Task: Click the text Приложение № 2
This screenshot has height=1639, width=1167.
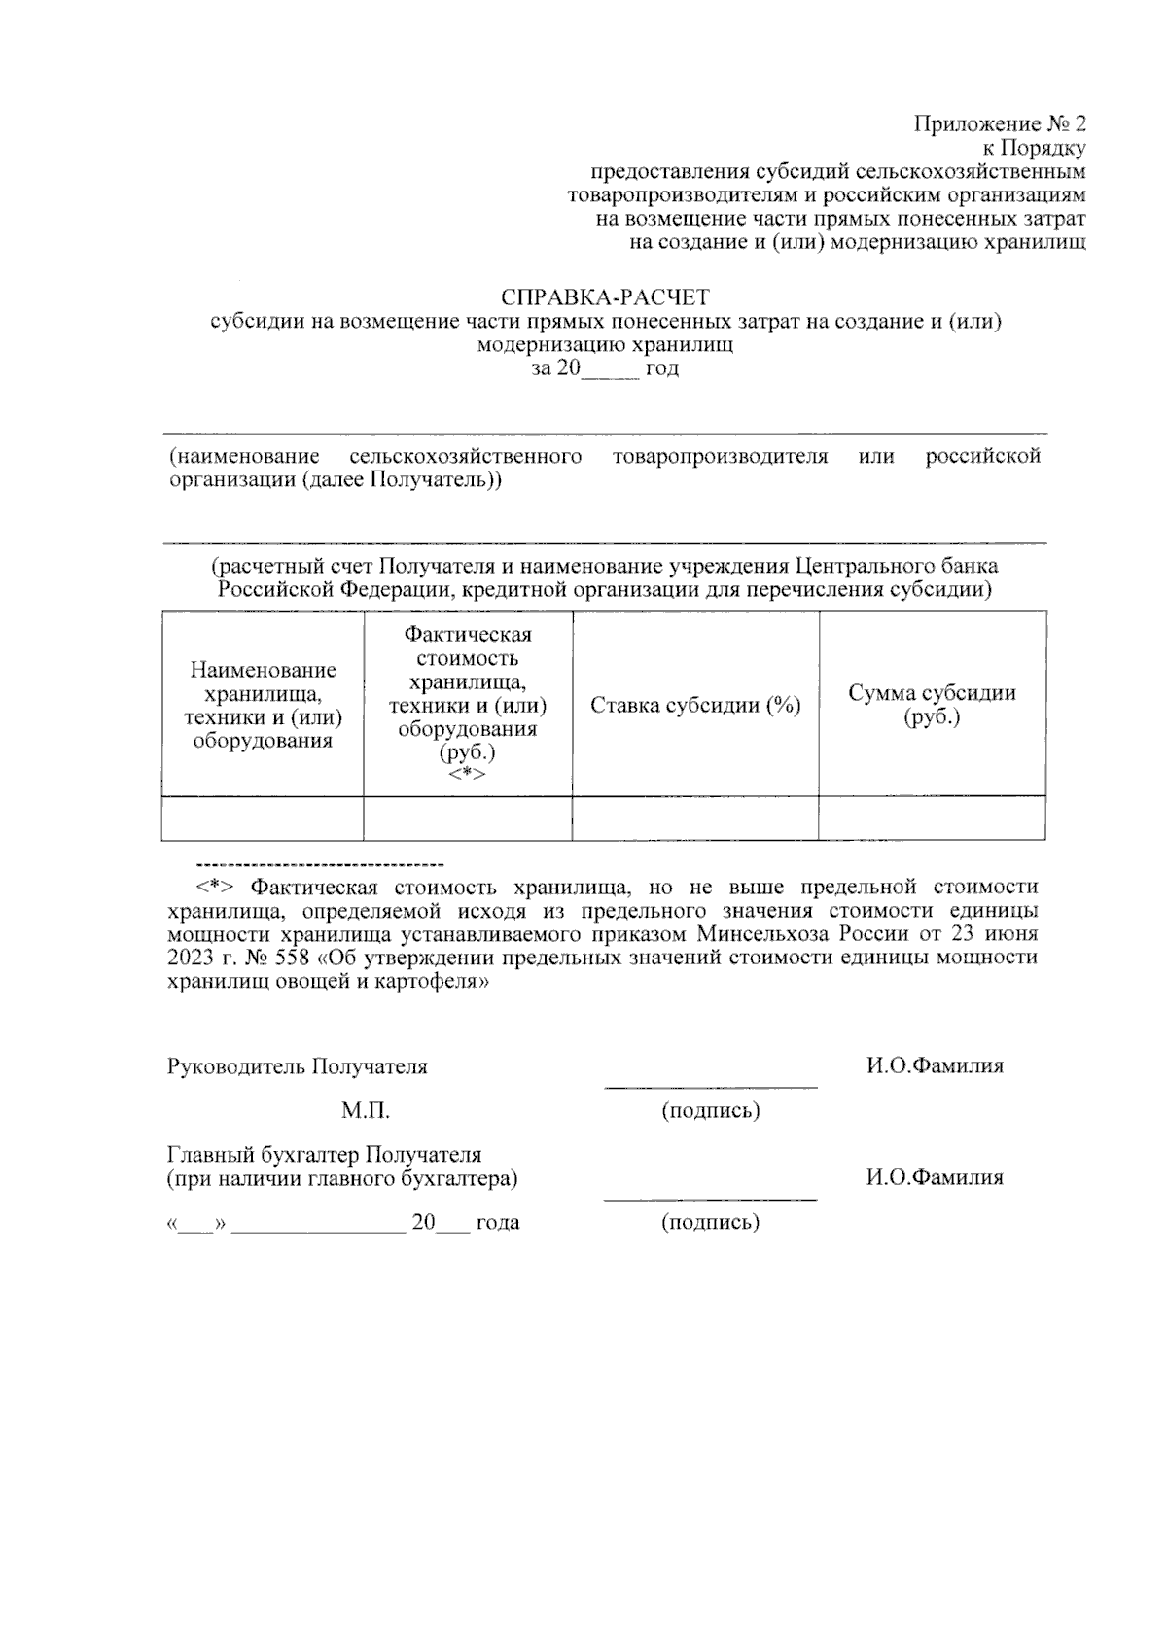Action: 1000,124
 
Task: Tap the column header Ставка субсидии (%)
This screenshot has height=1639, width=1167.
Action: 695,706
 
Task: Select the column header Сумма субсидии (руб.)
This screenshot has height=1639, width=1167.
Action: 932,706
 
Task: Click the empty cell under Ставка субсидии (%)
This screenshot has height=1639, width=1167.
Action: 695,818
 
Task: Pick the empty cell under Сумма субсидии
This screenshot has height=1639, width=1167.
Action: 932,818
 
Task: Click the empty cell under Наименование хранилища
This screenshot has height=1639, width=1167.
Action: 263,818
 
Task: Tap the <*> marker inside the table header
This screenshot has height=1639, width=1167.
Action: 467,775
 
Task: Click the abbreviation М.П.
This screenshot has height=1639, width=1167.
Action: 366,1110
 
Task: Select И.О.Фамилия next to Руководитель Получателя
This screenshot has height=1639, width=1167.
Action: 935,1066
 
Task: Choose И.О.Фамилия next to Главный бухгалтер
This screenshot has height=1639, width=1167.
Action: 935,1178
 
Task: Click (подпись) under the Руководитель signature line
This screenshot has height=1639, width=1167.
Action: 710,1111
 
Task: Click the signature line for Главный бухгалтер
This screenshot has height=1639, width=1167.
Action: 710,1200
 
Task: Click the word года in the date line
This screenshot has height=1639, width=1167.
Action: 497,1223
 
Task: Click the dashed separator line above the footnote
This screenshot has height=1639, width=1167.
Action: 320,863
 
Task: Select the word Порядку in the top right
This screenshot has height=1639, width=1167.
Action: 1043,149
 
